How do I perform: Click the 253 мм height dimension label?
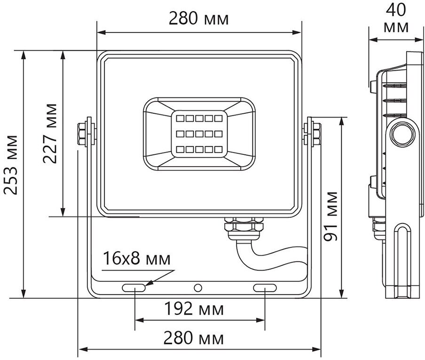tap(11, 165)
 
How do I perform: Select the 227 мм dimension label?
tap(50, 133)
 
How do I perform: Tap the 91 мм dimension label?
tap(331, 216)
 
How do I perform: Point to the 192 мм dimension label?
tap(194, 309)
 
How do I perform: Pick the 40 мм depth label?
tap(396, 18)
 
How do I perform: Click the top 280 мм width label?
tap(199, 19)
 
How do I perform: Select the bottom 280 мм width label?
tap(194, 338)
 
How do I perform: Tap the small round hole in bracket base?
tap(198, 288)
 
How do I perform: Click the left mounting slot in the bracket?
tap(134, 288)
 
